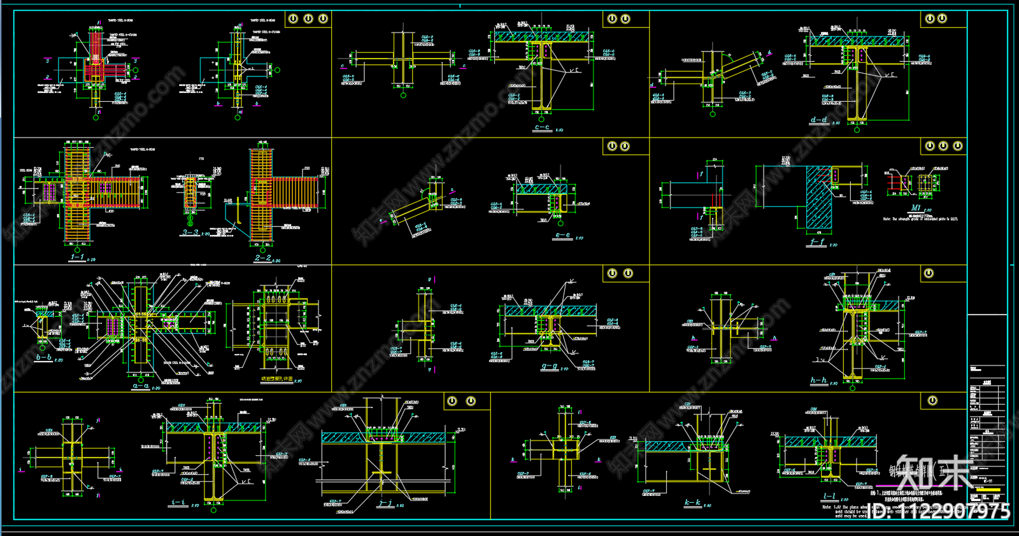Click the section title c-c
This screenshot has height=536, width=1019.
click(542, 127)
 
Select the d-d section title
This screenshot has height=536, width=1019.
click(819, 120)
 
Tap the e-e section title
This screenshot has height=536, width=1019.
click(562, 236)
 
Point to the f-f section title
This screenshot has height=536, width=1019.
click(817, 243)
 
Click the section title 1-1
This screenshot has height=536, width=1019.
click(77, 257)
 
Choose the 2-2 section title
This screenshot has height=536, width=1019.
click(262, 258)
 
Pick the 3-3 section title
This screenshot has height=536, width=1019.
click(190, 233)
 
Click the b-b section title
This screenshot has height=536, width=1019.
click(43, 358)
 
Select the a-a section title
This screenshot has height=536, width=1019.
click(140, 386)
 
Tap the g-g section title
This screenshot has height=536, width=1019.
click(549, 367)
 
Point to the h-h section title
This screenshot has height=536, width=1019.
click(818, 381)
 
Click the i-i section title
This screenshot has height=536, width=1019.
click(178, 503)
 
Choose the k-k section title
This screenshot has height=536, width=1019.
click(692, 503)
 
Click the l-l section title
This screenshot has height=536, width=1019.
click(829, 497)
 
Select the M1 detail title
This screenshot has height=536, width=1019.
click(916, 208)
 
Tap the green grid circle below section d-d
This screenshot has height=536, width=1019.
click(857, 130)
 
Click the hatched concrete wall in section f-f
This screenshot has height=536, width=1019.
click(818, 197)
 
